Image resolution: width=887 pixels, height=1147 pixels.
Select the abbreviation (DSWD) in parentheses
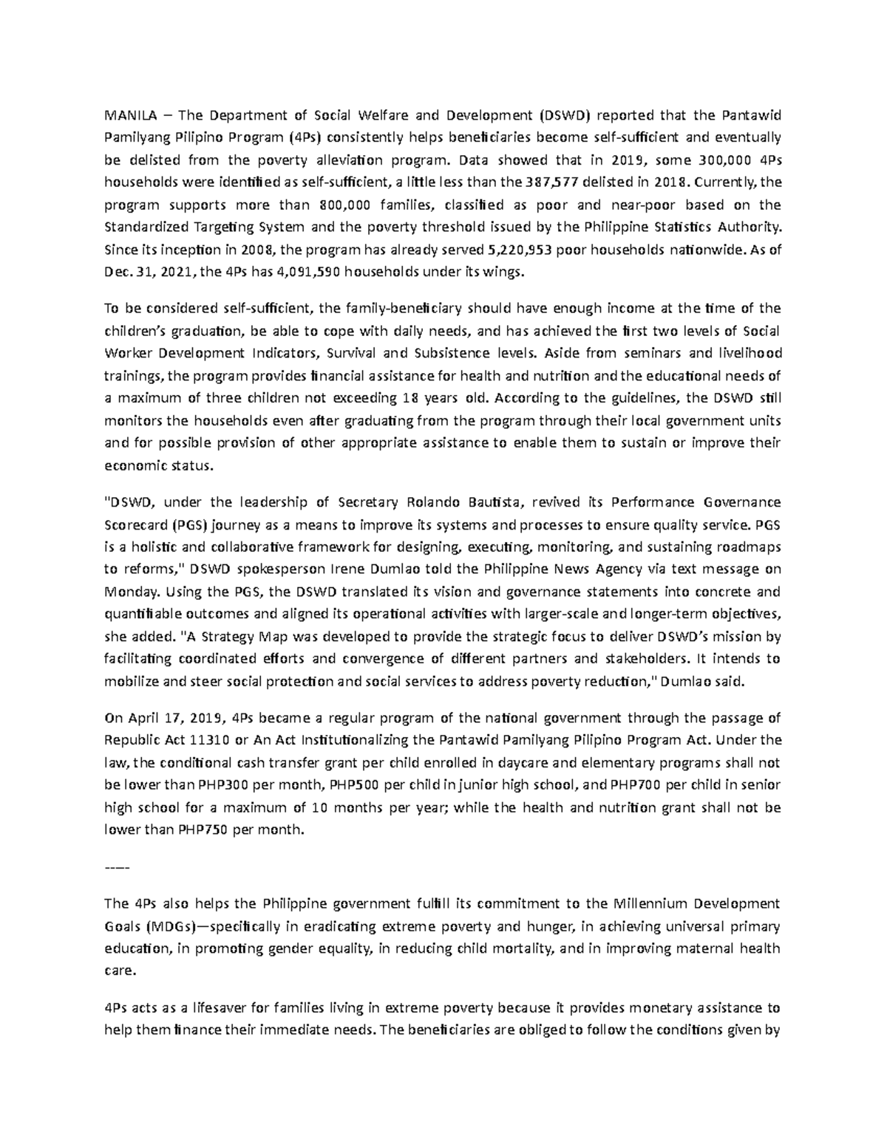pos(565,116)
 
